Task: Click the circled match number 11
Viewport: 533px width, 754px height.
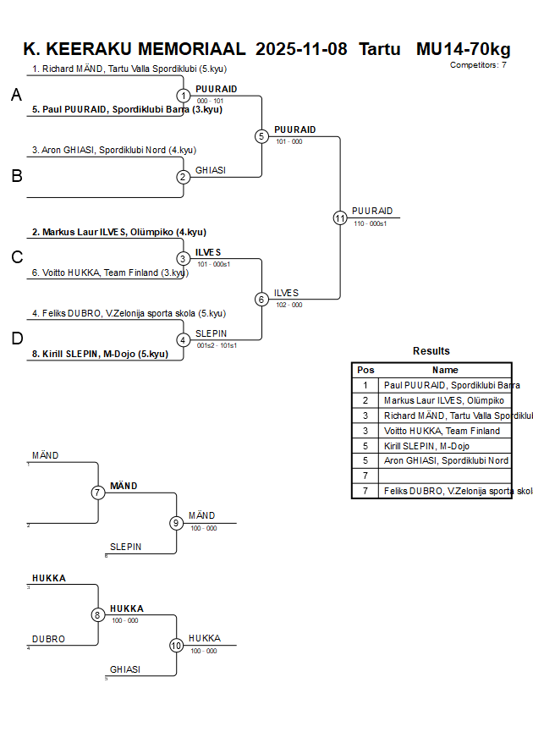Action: click(340, 217)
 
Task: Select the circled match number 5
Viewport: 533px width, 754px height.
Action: click(261, 136)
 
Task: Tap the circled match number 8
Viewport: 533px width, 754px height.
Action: click(98, 615)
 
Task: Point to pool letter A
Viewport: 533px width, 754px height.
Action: click(16, 96)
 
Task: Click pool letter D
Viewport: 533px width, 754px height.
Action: click(16, 339)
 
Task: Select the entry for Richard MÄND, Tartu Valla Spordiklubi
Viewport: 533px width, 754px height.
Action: click(129, 69)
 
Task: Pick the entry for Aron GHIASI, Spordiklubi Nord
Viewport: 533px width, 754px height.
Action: click(113, 151)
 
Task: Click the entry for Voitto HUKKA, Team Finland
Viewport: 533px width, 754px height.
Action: click(110, 272)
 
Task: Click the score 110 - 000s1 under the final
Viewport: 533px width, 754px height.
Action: click(370, 223)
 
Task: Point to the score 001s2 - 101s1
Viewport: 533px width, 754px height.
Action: click(216, 345)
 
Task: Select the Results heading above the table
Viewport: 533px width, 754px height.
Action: click(431, 351)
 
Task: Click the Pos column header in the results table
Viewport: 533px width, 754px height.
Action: click(365, 370)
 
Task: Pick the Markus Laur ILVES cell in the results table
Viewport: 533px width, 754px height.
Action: click(444, 400)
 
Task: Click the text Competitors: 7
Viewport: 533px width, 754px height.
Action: click(478, 65)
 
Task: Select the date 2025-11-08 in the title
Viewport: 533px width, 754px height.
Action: click(301, 49)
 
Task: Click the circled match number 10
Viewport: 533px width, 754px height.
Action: click(176, 646)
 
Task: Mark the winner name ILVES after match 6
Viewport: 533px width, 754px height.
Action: click(286, 293)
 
